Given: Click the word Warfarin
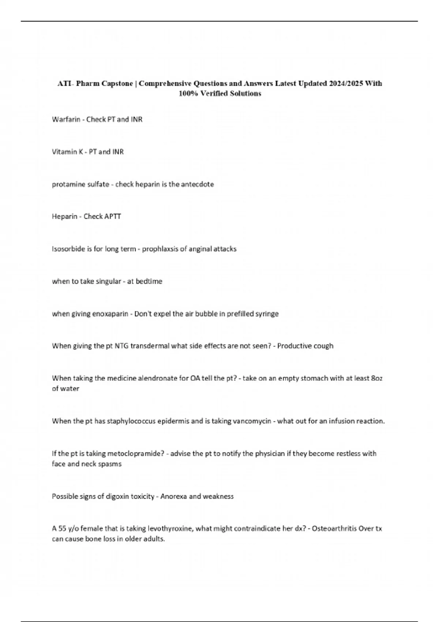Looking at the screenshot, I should [66, 119].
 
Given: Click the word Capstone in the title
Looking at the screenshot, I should [117, 83].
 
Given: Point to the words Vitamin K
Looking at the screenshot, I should [67, 152].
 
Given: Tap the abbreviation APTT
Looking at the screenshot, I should [112, 217].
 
